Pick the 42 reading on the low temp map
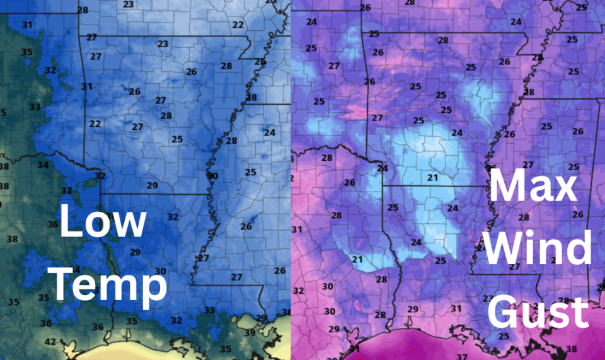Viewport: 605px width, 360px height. [50, 342]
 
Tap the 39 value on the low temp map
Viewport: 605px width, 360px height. [250, 333]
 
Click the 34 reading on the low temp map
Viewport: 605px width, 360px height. [43, 165]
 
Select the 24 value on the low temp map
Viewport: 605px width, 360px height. [270, 132]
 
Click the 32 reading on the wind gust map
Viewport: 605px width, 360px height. [299, 291]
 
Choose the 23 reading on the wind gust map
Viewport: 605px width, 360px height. [487, 298]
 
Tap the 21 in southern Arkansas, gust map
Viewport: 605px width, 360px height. [432, 178]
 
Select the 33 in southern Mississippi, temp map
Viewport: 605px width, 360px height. [209, 310]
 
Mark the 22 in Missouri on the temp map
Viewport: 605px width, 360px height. [238, 25]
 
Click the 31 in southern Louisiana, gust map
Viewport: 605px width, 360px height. [456, 308]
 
